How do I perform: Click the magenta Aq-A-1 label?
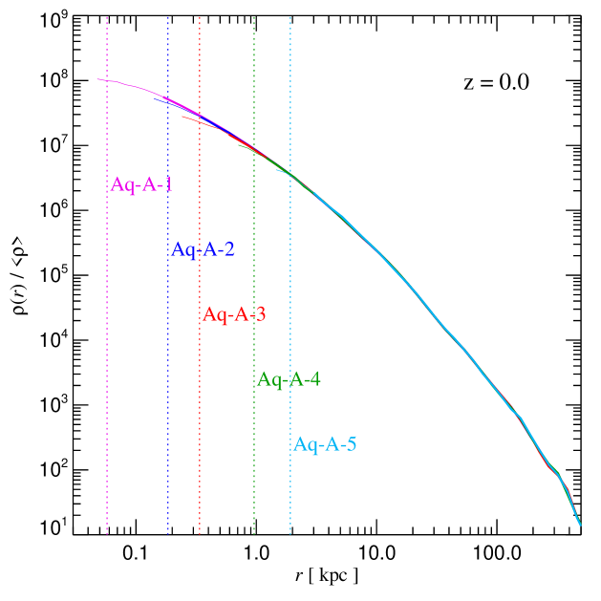click(x=141, y=184)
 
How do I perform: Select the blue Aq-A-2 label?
click(x=203, y=249)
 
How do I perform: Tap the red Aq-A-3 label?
click(x=234, y=314)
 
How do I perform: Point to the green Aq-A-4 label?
click(x=289, y=379)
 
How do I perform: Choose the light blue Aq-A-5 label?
click(x=325, y=444)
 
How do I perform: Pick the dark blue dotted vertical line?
click(x=168, y=382)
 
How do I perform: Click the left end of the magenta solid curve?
click(x=97, y=79)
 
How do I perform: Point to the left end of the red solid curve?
click(x=182, y=117)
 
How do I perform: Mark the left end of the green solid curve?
click(x=238, y=143)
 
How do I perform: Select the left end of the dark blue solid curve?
click(x=155, y=97)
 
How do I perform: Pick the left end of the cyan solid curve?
click(x=276, y=169)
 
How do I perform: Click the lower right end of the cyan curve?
click(x=580, y=525)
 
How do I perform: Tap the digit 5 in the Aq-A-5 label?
click(x=351, y=444)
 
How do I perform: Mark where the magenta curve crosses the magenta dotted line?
click(x=107, y=81)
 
